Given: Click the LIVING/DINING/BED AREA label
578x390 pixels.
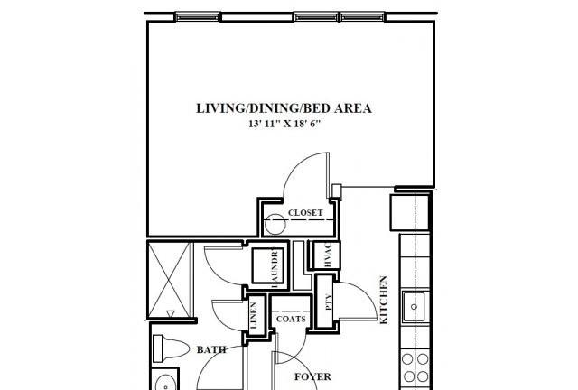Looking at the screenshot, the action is [284, 108].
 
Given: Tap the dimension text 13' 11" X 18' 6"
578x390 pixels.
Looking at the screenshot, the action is [284, 124].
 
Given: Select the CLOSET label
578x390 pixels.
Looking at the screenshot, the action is [305, 213].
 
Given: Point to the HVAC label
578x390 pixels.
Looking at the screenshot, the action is [328, 255].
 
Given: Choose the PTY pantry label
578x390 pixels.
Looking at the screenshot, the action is [329, 302].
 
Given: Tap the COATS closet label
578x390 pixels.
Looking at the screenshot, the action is [291, 319].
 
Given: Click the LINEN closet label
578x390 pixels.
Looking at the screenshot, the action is [254, 316].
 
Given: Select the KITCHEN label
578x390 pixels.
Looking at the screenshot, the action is [384, 300].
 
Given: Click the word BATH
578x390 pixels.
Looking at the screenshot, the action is [211, 349].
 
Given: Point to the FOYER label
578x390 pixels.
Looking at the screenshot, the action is [312, 376].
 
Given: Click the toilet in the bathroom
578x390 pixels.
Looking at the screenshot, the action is [171, 348].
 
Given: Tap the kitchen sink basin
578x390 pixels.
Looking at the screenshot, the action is [414, 306].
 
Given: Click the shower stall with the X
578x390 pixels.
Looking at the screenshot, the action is [170, 279].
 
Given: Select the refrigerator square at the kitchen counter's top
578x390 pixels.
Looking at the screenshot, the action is [410, 213].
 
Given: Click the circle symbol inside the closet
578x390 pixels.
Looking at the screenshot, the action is [275, 225].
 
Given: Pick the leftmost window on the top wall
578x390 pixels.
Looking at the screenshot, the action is [197, 17].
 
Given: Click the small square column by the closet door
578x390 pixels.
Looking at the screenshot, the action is [337, 191].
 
